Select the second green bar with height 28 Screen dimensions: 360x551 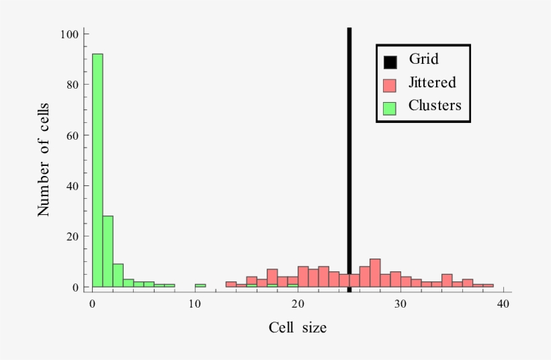[108, 251]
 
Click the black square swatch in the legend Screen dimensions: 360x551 [389, 62]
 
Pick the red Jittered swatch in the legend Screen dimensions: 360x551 [389, 85]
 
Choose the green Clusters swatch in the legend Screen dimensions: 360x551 [389, 107]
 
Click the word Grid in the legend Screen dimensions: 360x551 [423, 59]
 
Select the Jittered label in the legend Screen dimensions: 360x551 [432, 83]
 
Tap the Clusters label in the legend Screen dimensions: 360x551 [435, 105]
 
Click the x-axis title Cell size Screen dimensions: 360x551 [298, 328]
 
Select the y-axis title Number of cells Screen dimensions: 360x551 [44, 159]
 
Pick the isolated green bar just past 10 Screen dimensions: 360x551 [200, 285]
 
